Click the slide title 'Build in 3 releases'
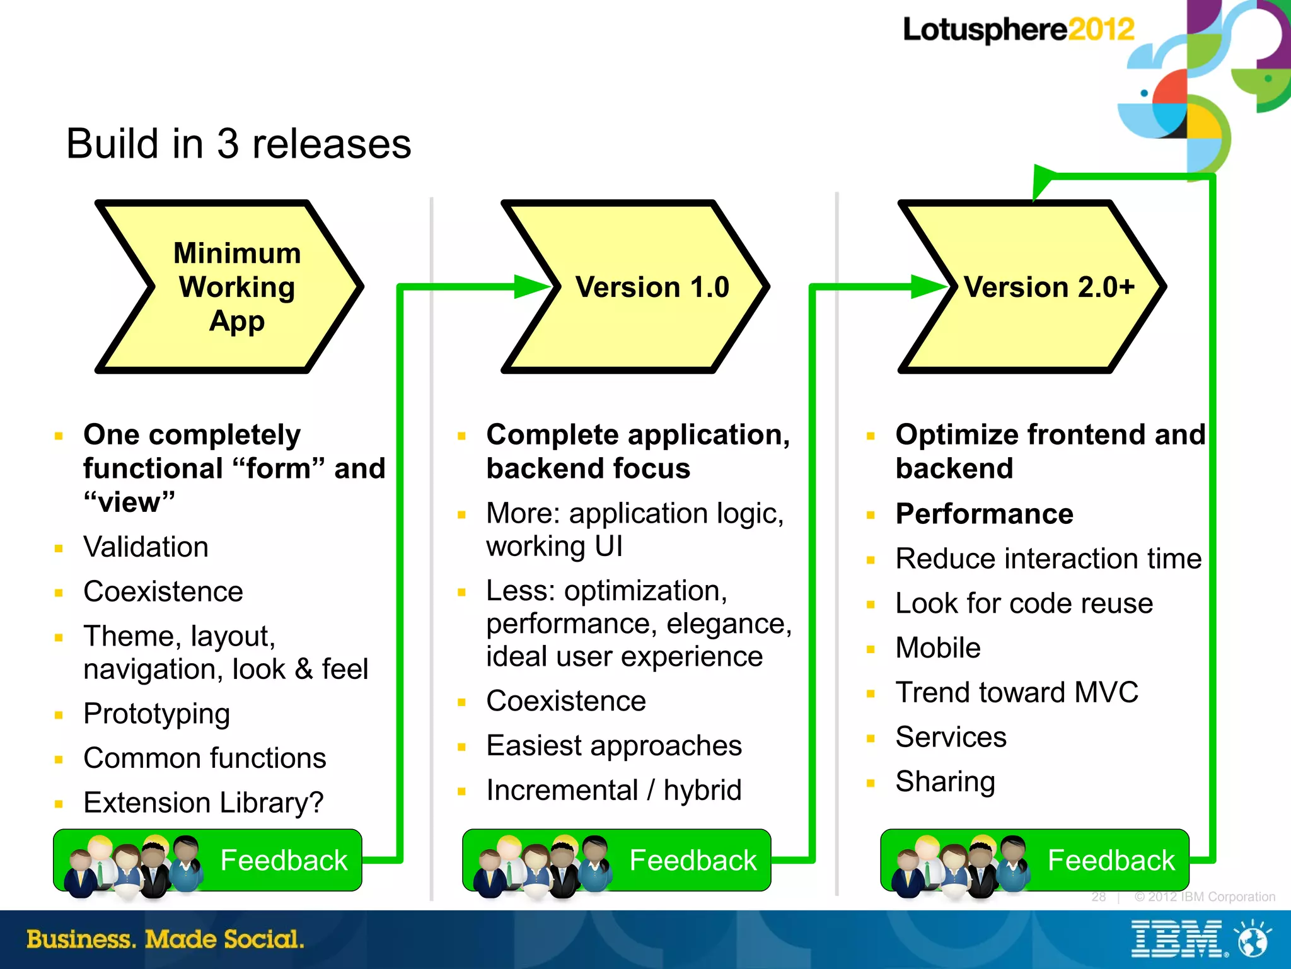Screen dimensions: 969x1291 [238, 144]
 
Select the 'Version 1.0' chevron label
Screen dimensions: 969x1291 [652, 287]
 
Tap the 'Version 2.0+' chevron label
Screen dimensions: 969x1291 [1049, 287]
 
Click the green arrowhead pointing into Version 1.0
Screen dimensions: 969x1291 [533, 287]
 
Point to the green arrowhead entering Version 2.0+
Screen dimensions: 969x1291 [929, 287]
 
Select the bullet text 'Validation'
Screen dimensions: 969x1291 [146, 547]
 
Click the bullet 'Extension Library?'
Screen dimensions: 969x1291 [203, 803]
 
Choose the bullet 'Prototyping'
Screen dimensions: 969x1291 [156, 714]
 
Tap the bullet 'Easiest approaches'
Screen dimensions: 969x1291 [614, 746]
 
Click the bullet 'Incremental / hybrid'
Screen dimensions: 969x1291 [614, 791]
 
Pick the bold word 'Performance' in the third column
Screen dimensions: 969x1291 [984, 514]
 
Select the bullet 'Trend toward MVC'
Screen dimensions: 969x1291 [1017, 692]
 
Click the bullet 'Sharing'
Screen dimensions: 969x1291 [945, 782]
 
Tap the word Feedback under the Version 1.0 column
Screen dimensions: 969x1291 [692, 861]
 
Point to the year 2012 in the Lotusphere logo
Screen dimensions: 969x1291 [1101, 30]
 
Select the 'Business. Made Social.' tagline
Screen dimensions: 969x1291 [165, 939]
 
